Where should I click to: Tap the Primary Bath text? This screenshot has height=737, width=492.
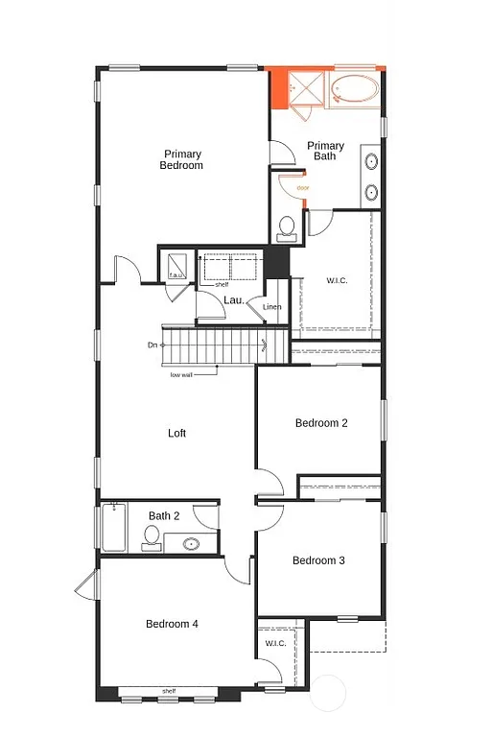coord(325,151)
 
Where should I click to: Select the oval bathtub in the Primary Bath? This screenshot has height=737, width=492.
coord(355,92)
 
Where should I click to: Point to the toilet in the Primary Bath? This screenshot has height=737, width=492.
coord(286,228)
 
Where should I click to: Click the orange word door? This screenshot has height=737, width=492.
coord(302,188)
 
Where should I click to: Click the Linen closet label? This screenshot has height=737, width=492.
coord(271,307)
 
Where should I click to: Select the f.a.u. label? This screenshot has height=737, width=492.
coord(176,275)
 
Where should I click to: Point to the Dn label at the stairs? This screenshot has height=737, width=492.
coord(152,345)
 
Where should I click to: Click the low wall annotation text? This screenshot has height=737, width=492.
coord(181,374)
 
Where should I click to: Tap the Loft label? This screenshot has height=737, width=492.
coord(176,433)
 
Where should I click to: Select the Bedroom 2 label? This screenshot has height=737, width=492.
coord(320,423)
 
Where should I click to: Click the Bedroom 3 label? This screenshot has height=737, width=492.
coord(318,560)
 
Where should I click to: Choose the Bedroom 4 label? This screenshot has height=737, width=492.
coord(172,624)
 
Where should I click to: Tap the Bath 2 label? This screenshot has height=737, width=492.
coord(164,515)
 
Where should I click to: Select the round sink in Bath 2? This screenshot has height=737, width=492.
coord(191,544)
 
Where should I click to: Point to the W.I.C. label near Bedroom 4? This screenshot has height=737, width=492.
coord(274,643)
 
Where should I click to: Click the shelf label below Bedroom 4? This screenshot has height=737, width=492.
coord(169,690)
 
